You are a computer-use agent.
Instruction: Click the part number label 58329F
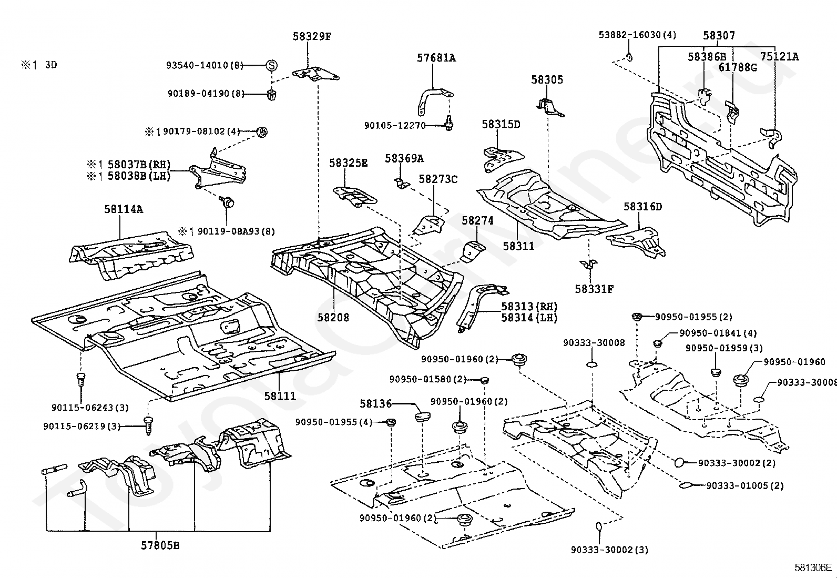click(312, 37)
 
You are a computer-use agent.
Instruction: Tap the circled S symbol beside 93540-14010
click(272, 65)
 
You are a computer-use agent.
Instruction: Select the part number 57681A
click(436, 58)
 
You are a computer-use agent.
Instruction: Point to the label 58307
click(719, 36)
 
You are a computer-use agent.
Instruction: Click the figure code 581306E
click(813, 567)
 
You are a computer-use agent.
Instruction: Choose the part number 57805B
click(160, 545)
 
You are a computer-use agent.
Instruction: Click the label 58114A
click(124, 209)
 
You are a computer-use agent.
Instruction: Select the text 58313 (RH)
click(529, 307)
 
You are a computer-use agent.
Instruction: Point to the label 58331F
click(594, 289)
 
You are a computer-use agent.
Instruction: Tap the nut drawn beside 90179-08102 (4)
click(263, 132)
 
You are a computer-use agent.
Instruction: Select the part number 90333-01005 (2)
click(744, 485)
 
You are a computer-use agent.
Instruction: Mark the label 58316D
click(642, 206)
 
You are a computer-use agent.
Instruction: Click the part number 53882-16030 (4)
click(637, 35)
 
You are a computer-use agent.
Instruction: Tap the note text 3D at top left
click(51, 65)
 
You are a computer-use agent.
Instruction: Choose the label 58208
click(333, 318)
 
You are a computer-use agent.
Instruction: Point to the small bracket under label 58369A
click(402, 183)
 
